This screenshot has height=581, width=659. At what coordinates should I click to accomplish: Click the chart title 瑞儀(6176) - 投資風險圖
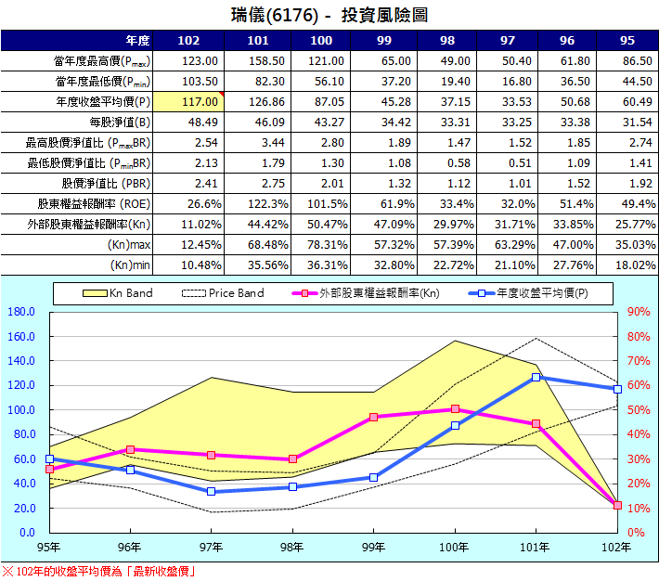(329, 16)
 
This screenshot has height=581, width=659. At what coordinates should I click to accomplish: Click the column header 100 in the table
(321, 40)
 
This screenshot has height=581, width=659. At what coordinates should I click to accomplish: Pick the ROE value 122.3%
(253, 203)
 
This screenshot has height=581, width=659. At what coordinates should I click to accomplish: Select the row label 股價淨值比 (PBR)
(106, 183)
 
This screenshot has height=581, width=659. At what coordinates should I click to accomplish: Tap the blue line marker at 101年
(536, 377)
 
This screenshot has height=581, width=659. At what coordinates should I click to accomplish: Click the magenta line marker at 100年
(455, 408)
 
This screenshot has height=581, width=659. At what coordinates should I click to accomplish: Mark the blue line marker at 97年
(211, 491)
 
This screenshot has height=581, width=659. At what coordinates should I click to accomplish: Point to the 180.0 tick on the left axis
(21, 312)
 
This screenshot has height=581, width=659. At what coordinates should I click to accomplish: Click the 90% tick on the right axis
(639, 312)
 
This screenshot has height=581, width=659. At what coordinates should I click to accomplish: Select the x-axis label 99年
(373, 548)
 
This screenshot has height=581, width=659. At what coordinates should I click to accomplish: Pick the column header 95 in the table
(627, 40)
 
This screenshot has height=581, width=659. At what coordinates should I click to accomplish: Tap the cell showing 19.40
(454, 81)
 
